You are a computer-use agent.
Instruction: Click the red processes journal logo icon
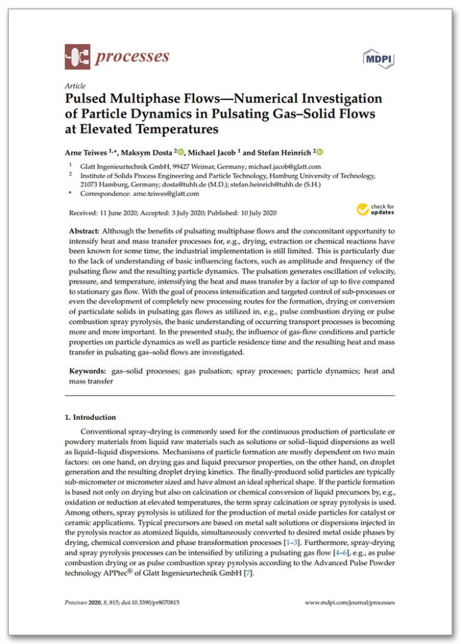click(x=77, y=57)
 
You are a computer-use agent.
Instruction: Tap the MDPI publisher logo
click(x=380, y=58)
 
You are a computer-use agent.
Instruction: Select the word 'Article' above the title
click(x=74, y=86)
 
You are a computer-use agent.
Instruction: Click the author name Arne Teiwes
click(x=88, y=151)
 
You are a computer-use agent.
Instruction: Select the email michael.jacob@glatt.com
click(x=285, y=167)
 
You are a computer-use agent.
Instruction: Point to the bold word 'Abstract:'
click(x=87, y=231)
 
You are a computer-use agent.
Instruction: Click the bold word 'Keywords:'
click(x=88, y=371)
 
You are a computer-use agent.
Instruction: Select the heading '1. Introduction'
click(x=91, y=417)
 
